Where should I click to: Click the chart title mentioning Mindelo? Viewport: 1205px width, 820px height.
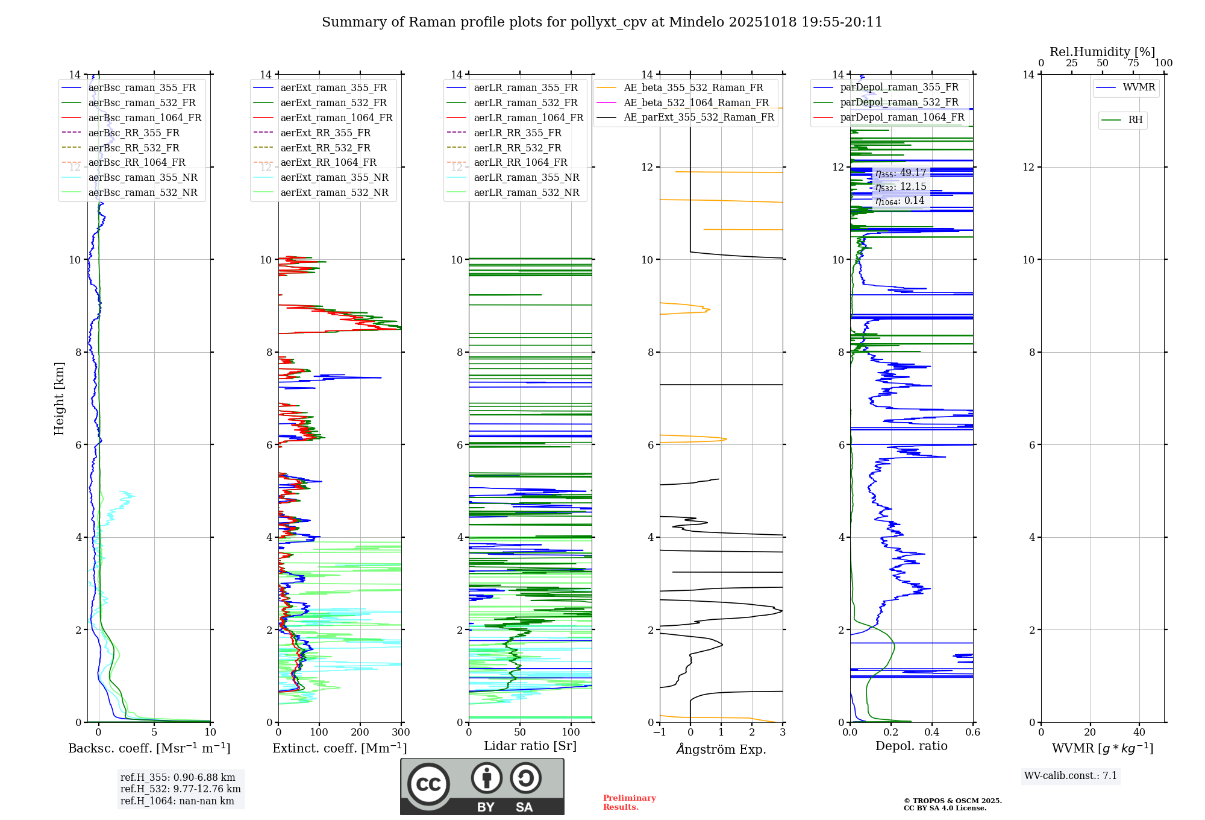click(x=602, y=22)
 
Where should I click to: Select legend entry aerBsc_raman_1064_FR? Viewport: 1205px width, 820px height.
click(x=145, y=118)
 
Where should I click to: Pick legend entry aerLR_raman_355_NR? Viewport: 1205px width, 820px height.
click(x=526, y=177)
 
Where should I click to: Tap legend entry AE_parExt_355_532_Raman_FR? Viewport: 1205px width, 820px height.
click(x=698, y=117)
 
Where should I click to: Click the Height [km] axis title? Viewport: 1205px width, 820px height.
click(x=59, y=399)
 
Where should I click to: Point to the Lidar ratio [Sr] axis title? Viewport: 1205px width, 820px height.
click(x=530, y=746)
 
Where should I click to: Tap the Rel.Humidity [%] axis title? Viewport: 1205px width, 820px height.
click(x=1102, y=52)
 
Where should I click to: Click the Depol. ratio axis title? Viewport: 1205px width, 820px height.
click(x=911, y=746)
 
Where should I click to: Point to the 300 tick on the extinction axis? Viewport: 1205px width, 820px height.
click(x=401, y=733)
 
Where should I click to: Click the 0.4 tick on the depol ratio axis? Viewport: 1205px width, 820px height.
click(x=931, y=733)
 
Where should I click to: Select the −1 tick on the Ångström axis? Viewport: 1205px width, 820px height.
click(x=660, y=733)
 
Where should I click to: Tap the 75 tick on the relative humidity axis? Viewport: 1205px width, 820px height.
click(x=1133, y=63)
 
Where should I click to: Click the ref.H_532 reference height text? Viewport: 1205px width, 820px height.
click(x=180, y=789)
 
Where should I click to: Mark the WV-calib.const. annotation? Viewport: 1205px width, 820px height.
click(x=1071, y=776)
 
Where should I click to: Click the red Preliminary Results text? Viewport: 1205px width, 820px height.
click(x=629, y=803)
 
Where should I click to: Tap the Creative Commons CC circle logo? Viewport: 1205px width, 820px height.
click(x=428, y=784)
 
